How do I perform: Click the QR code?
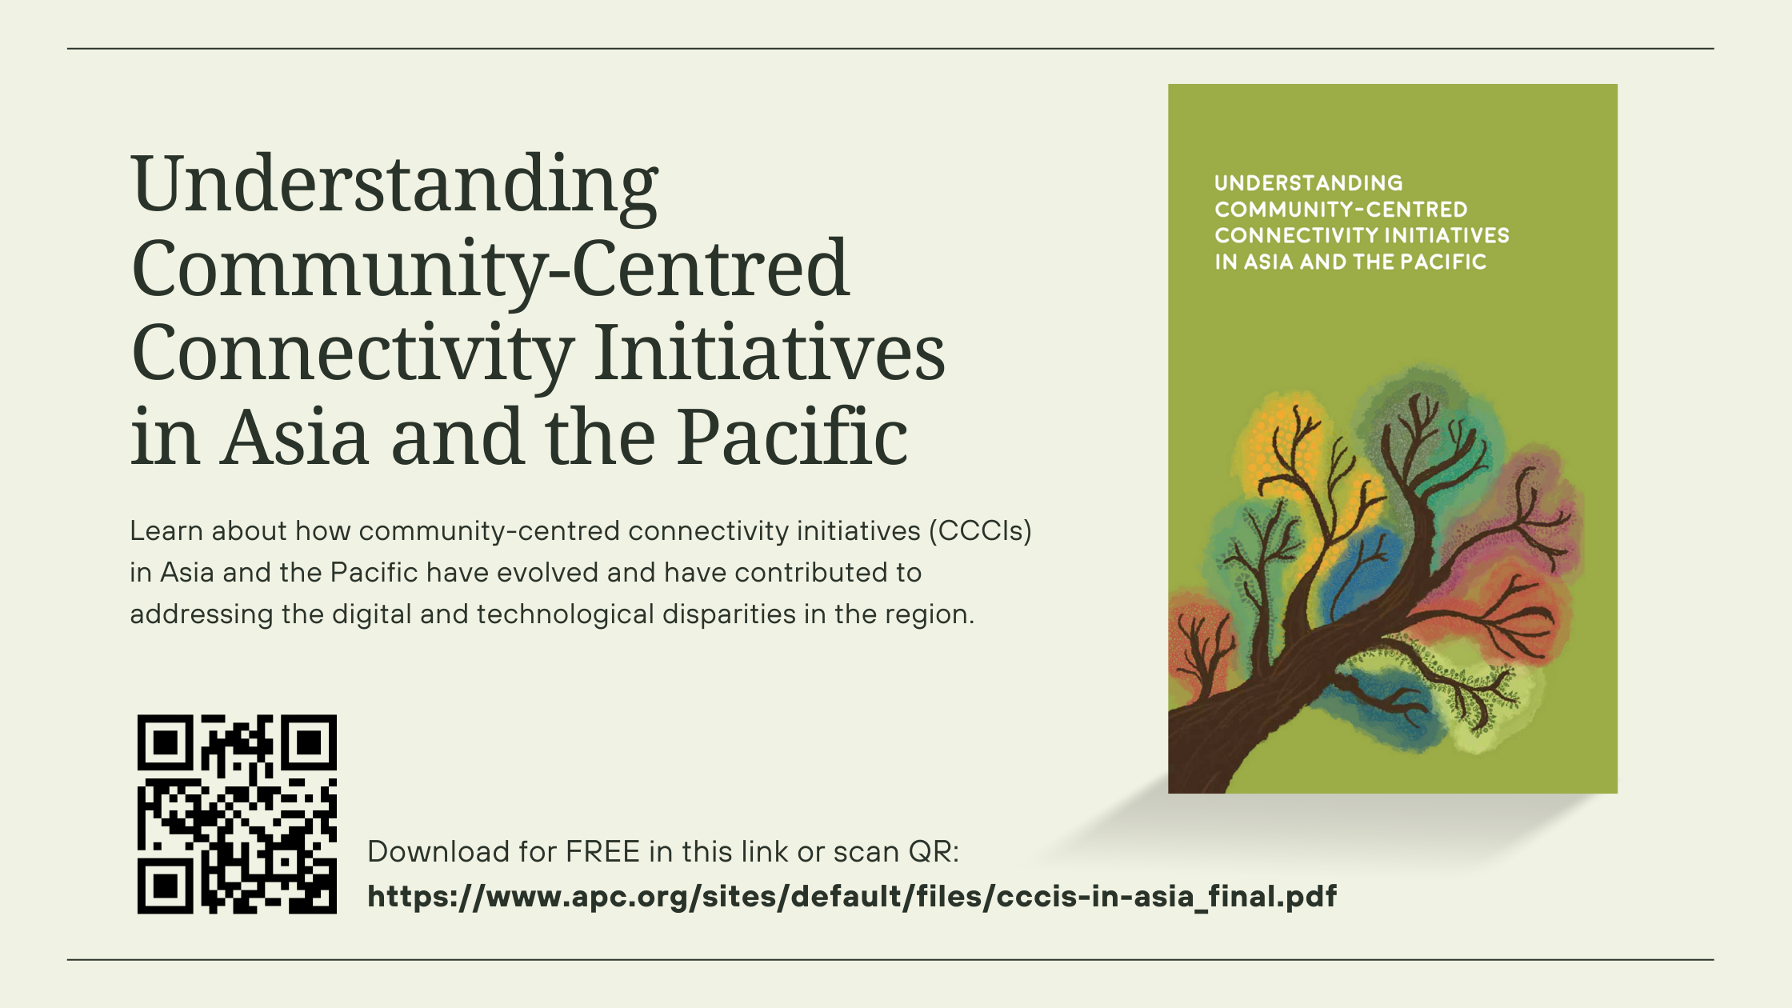pos(237,814)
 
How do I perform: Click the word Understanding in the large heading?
pos(395,186)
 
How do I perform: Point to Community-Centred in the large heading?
pos(490,270)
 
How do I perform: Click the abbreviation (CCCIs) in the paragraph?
pos(980,531)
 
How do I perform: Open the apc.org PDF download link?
pos(852,897)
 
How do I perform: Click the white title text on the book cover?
pos(1362,222)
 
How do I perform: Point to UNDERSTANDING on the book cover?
pos(1309,183)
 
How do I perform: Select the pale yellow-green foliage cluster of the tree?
pos(1480,704)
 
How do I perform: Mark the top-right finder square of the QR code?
pos(310,742)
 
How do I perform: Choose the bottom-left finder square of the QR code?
pos(165,886)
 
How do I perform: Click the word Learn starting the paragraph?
pos(166,531)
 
